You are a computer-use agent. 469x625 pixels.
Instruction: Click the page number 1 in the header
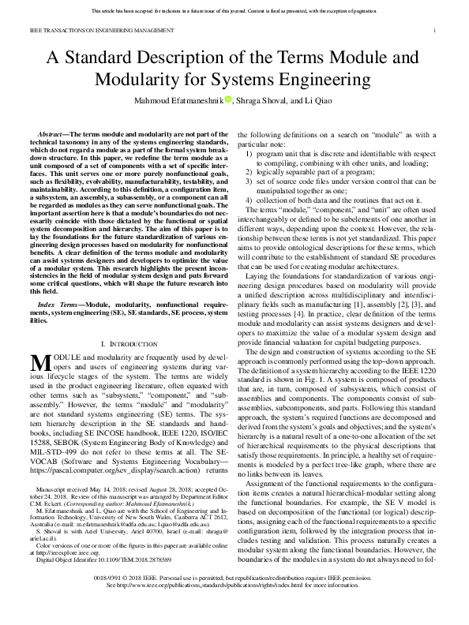point(436,31)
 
